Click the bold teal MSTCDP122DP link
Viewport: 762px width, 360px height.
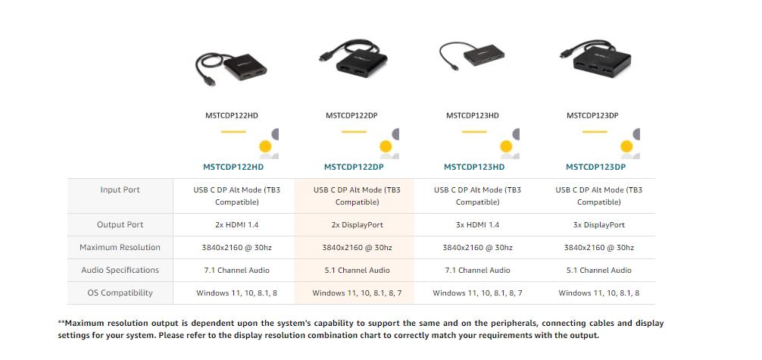pos(354,167)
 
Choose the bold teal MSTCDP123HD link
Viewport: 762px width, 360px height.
pos(474,167)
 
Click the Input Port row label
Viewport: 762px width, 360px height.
pos(120,189)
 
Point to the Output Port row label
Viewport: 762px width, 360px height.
pos(120,224)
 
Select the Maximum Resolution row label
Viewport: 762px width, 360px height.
pos(120,247)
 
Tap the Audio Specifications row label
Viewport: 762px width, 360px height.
pos(120,270)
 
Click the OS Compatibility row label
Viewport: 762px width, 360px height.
pos(120,293)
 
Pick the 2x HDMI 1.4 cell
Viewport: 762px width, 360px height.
pos(233,225)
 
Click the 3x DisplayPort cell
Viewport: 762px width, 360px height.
pos(598,225)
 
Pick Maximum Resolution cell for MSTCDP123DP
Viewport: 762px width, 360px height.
pos(598,248)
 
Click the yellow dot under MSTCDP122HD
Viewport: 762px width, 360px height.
pos(265,146)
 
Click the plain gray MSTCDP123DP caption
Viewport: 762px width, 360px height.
pos(595,116)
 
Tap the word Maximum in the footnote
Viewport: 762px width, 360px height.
pos(88,323)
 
